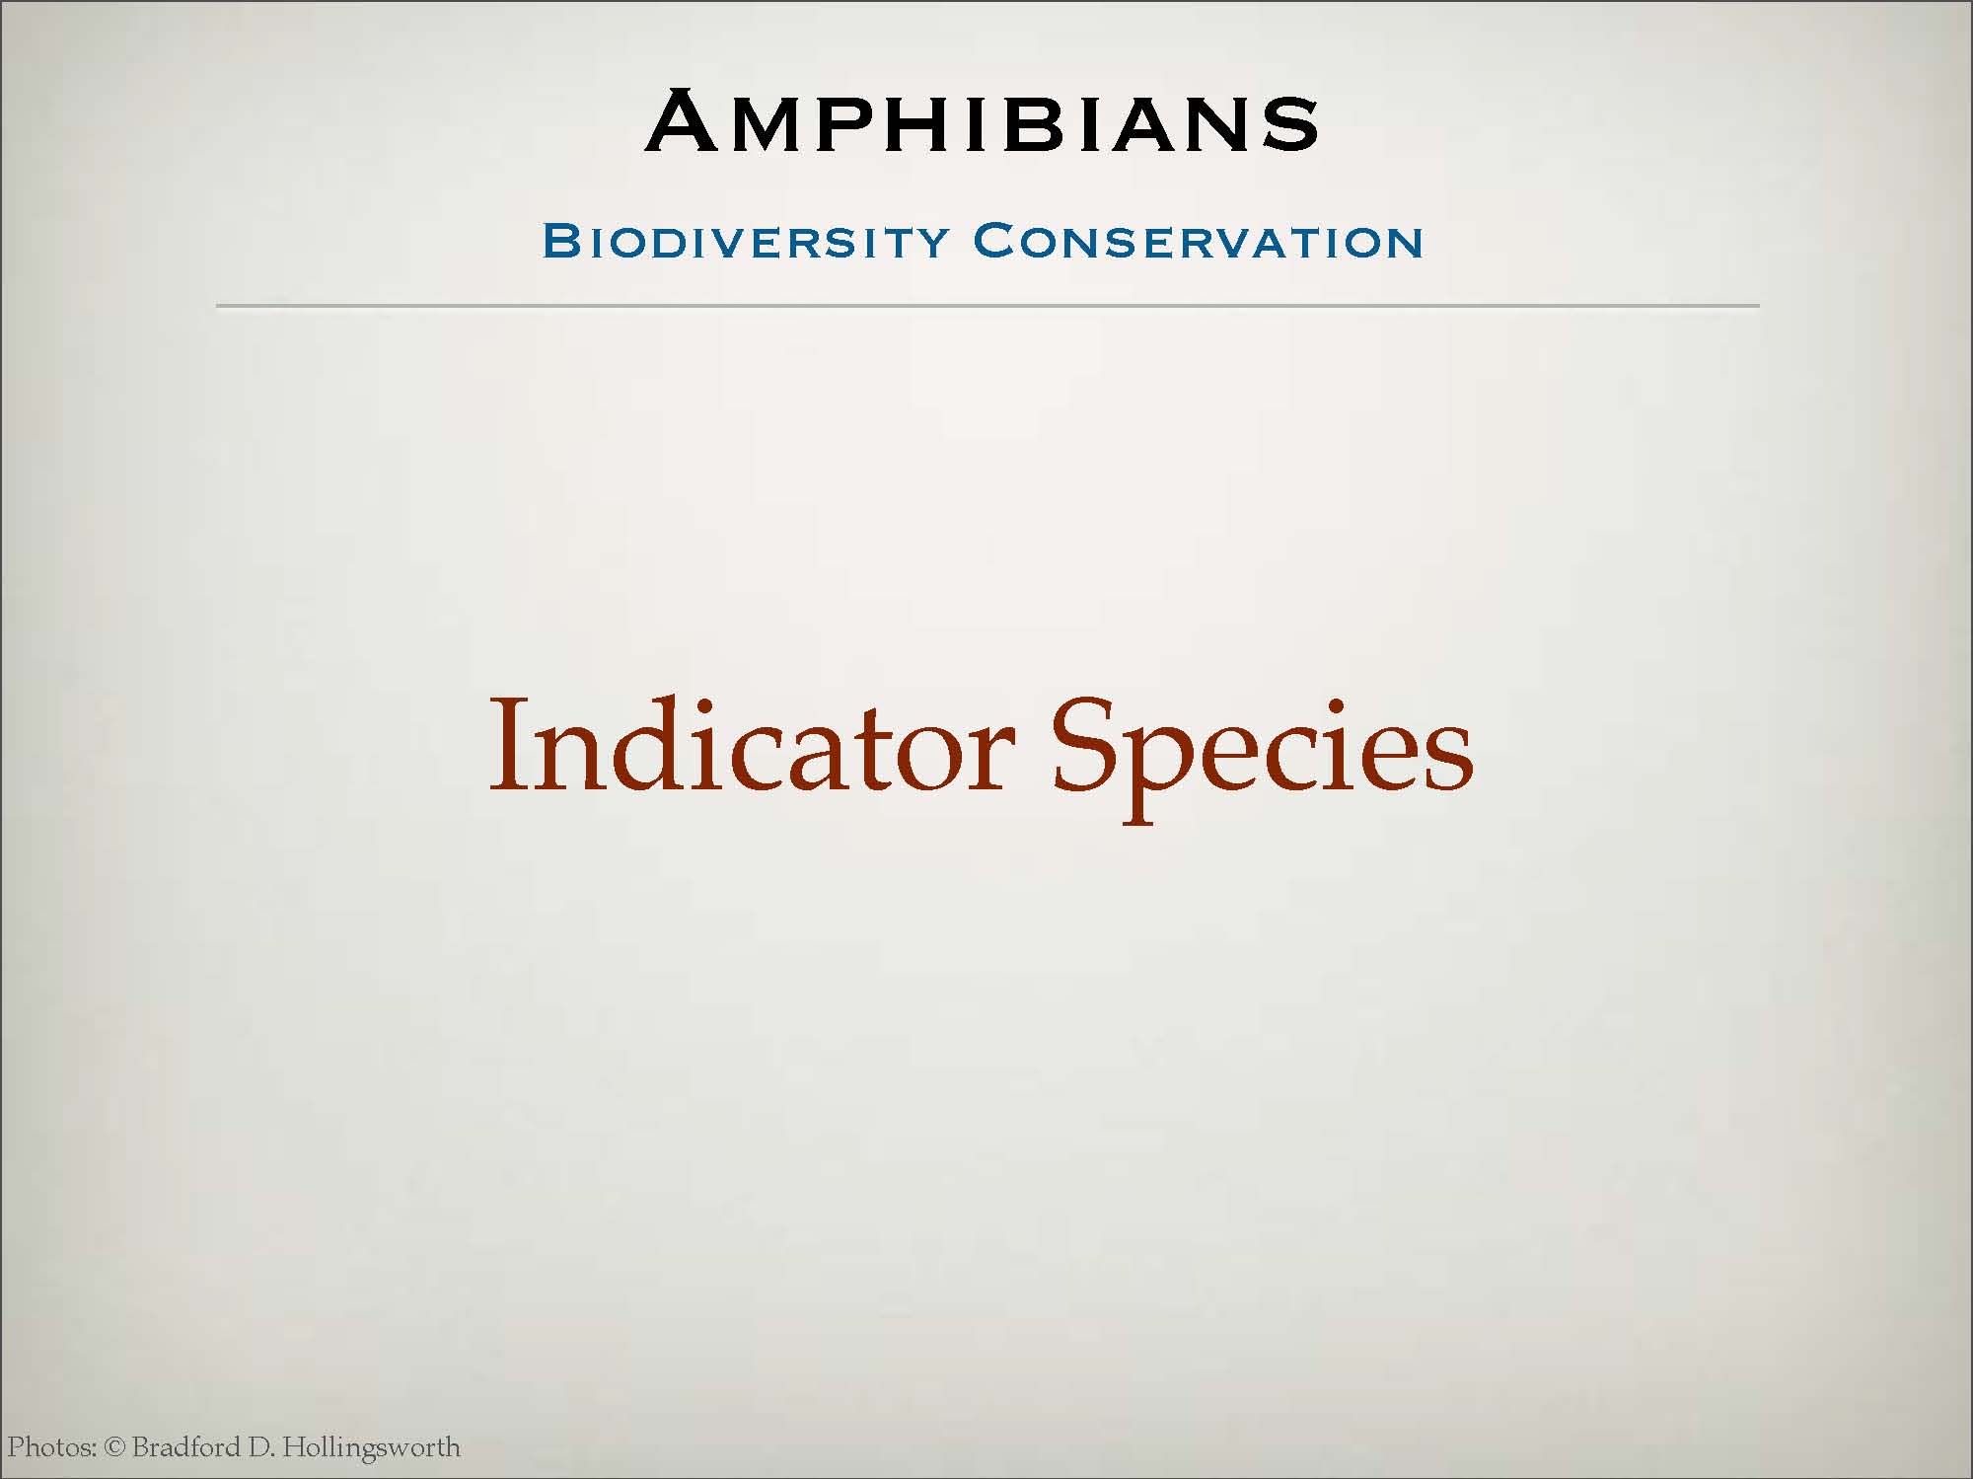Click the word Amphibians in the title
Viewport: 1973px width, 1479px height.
[983, 121]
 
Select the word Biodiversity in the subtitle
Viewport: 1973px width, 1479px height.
[746, 242]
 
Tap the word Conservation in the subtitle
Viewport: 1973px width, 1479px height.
[1199, 242]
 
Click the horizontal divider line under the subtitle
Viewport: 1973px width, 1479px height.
[987, 306]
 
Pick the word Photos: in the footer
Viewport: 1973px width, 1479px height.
[52, 1447]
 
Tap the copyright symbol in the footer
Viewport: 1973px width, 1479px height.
[115, 1448]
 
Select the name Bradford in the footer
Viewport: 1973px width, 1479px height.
[186, 1447]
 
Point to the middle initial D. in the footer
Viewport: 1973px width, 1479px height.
[261, 1448]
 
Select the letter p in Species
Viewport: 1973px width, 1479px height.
[1158, 775]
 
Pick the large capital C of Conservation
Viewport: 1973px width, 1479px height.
[995, 242]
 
